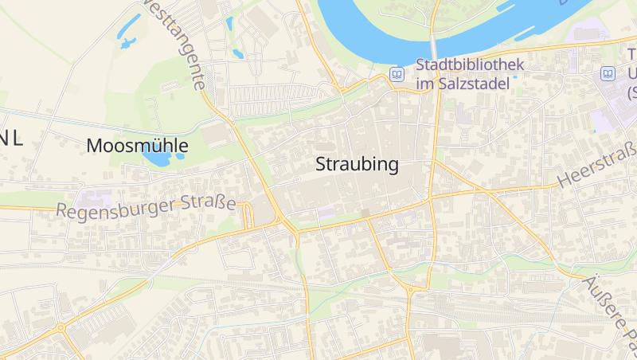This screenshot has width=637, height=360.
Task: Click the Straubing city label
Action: point(357,165)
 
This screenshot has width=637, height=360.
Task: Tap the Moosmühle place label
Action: point(137,146)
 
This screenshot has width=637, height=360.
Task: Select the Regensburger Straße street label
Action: point(147,207)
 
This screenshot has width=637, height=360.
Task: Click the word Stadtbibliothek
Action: point(470,64)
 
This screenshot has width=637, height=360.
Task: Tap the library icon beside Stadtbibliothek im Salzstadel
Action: point(397,74)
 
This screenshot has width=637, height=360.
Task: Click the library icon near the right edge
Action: point(608,73)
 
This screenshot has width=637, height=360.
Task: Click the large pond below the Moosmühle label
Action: point(158,158)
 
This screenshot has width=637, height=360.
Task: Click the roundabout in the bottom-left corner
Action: point(61,327)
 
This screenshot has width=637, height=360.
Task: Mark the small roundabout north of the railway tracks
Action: point(411,290)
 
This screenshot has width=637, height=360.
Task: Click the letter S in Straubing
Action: point(321,165)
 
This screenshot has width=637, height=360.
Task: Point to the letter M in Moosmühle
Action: point(94,146)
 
